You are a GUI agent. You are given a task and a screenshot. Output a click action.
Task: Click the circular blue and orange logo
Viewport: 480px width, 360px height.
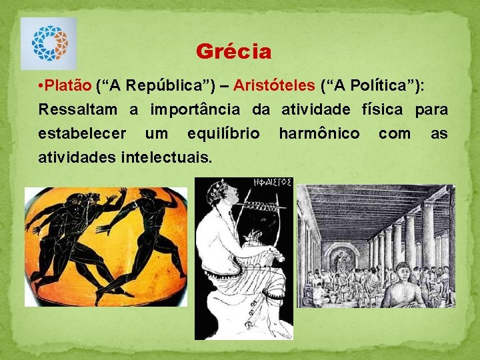tap(49, 43)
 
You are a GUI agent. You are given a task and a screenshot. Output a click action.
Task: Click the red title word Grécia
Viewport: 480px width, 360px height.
tap(234, 51)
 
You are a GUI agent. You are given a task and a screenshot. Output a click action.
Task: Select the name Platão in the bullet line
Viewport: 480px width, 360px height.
tap(69, 86)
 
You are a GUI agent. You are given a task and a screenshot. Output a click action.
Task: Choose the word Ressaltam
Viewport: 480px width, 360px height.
tap(77, 109)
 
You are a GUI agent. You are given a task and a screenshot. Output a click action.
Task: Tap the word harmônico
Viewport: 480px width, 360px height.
tap(319, 133)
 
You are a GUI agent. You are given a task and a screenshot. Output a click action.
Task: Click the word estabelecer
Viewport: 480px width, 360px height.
tap(82, 133)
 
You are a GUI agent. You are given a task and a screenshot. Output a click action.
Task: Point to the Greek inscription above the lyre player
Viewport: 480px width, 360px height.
tap(272, 182)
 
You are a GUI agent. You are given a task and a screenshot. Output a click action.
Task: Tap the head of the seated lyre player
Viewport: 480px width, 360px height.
tap(221, 196)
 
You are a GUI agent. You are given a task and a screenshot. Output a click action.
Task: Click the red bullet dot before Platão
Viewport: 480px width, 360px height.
tap(41, 87)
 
